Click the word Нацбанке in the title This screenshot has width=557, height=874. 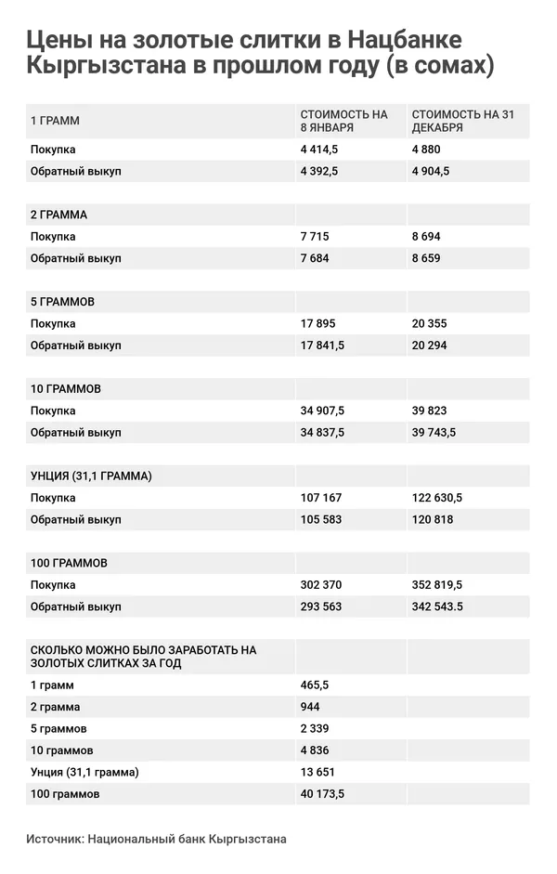click(x=405, y=39)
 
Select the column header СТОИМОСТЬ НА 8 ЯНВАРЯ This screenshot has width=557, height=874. click(x=343, y=121)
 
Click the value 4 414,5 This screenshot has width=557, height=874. click(x=318, y=150)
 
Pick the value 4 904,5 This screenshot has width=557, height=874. click(x=431, y=171)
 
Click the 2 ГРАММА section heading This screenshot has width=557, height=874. click(x=59, y=215)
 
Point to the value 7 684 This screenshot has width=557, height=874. click(x=314, y=258)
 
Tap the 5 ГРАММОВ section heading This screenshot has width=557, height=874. click(x=62, y=302)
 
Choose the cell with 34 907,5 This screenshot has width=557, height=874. click(x=322, y=411)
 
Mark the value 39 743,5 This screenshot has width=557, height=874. click(x=436, y=433)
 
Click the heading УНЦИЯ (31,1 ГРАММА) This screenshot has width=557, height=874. click(x=91, y=476)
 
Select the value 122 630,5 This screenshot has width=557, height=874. click(x=436, y=498)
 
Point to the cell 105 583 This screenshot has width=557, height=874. click(x=320, y=519)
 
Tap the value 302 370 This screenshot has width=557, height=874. click(x=320, y=585)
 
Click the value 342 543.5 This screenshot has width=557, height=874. click(x=436, y=607)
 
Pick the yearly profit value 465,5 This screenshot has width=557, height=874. click(x=314, y=685)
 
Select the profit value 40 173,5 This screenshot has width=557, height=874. click(x=322, y=794)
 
